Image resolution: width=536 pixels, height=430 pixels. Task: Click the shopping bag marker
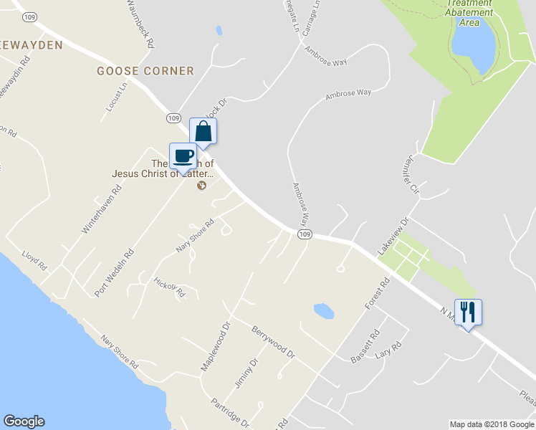tap(203, 132)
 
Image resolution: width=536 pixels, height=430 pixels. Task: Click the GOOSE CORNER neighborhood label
tap(146, 71)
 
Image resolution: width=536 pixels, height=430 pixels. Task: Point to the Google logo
tap(24, 421)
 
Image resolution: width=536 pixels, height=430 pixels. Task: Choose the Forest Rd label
tap(376, 294)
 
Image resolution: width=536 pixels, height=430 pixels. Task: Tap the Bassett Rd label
tap(365, 346)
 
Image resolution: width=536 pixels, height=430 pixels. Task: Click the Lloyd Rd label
tap(34, 259)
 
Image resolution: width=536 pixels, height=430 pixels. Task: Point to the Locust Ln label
tap(116, 96)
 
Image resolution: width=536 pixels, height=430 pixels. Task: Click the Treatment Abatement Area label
tap(469, 12)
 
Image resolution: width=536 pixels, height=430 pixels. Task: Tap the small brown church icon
tap(201, 186)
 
